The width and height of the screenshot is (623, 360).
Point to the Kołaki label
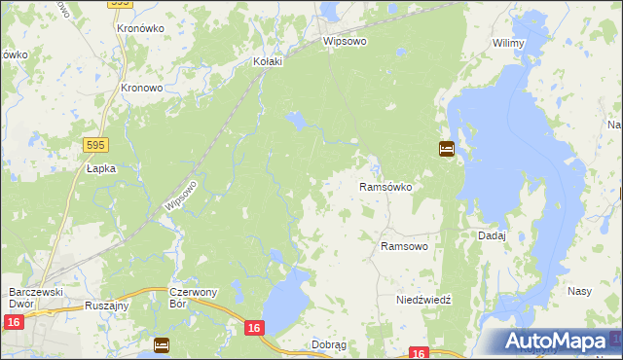coord(267,61)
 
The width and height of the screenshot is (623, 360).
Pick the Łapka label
coord(100,168)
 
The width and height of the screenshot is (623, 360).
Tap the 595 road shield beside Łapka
coord(92,144)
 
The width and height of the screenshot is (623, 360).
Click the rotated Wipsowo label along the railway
coord(182,199)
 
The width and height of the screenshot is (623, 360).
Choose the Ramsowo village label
coord(404,247)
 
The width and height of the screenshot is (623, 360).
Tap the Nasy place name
coord(580,292)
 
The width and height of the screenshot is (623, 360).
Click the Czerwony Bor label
coord(193,298)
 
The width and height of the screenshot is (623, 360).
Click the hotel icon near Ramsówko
coord(446,150)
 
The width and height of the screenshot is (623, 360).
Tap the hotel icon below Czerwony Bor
coord(162,344)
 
